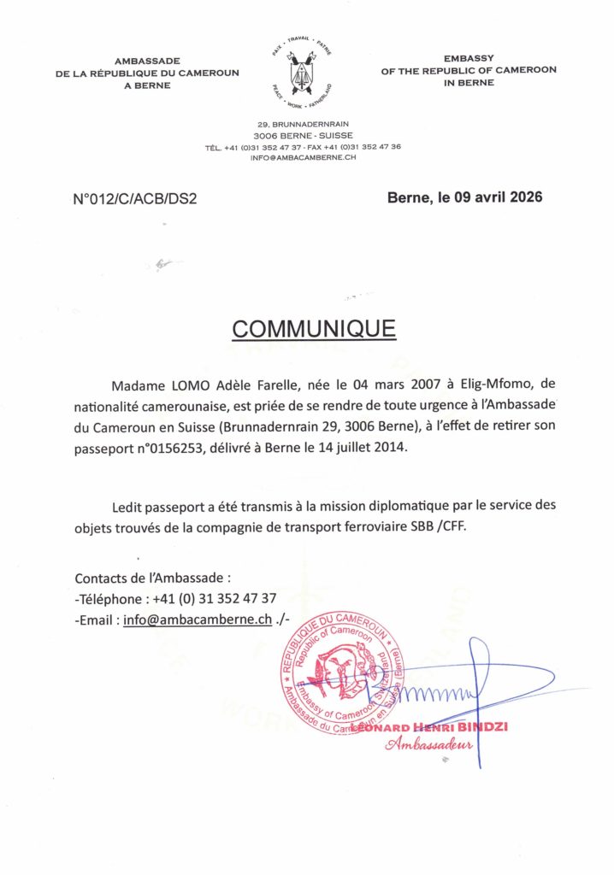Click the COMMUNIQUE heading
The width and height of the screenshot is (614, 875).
click(x=314, y=329)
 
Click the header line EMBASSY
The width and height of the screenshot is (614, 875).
click(x=469, y=57)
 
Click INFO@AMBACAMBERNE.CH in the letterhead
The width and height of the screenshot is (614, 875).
click(x=303, y=158)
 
